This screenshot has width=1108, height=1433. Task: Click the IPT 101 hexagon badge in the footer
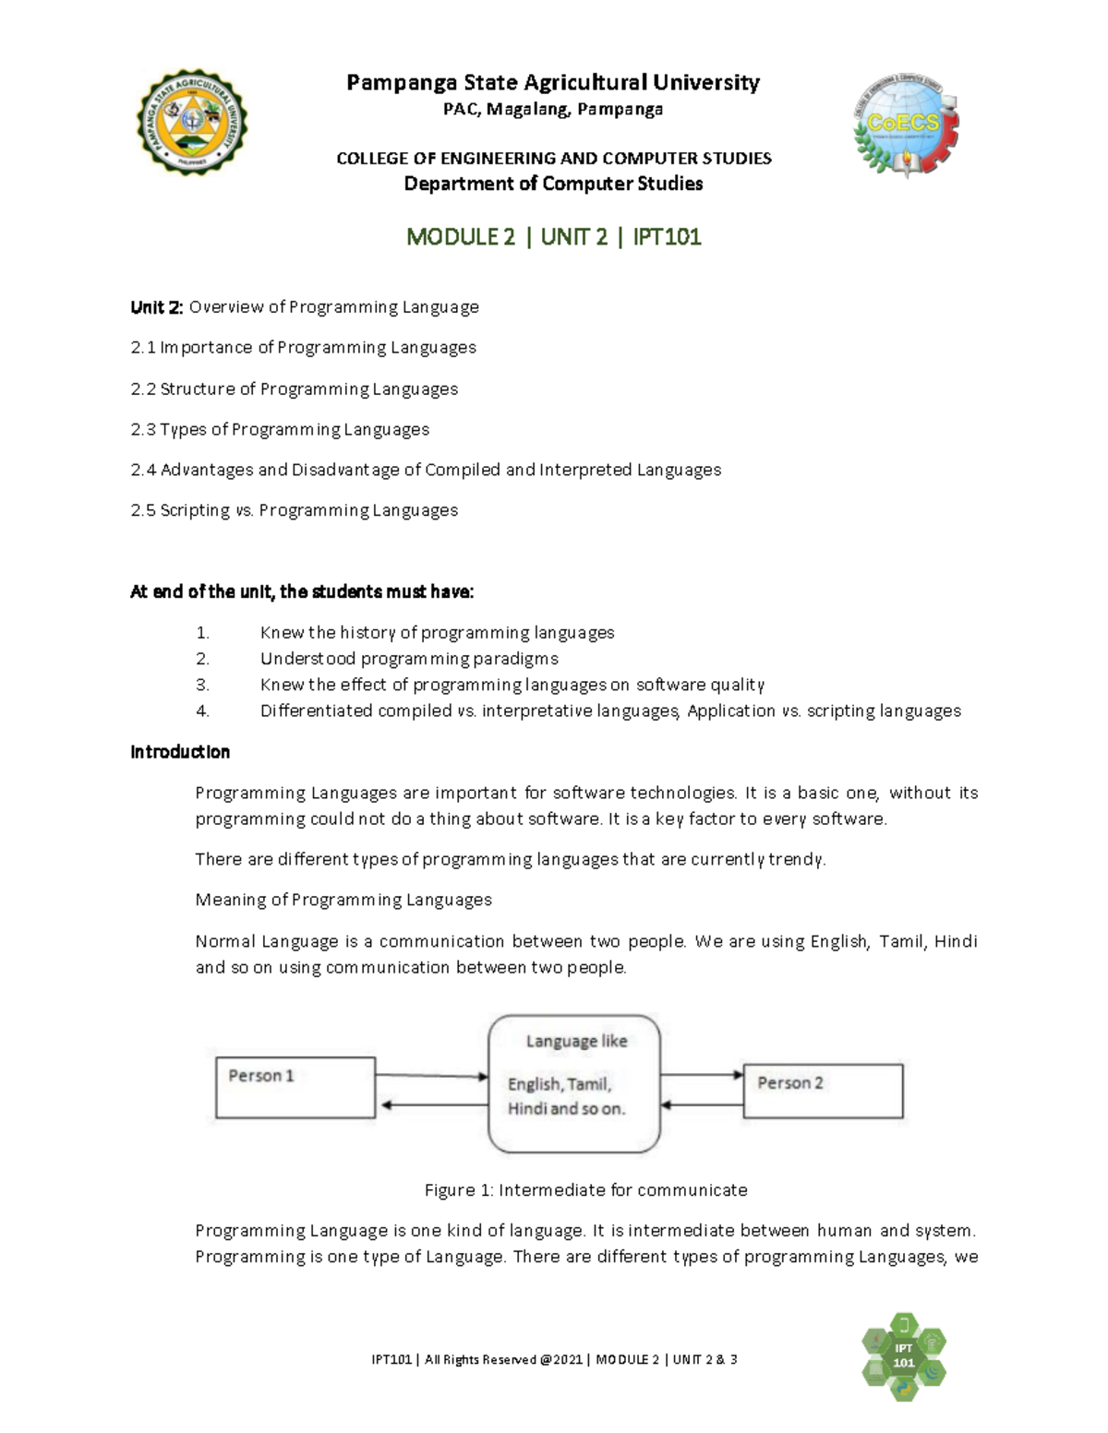pyautogui.click(x=903, y=1355)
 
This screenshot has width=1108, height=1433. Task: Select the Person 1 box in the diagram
pyautogui.click(x=295, y=1086)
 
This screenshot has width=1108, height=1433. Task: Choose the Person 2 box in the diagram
pyautogui.click(x=823, y=1091)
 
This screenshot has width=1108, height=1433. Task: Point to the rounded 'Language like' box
pyautogui.click(x=574, y=1084)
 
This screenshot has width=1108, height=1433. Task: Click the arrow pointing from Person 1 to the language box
pyautogui.click(x=431, y=1076)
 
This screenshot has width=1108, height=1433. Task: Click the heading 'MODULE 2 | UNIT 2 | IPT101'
pyautogui.click(x=554, y=237)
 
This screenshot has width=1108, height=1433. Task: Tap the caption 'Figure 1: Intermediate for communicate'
pyautogui.click(x=585, y=1190)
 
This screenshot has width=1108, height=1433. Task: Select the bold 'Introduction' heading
pyautogui.click(x=180, y=752)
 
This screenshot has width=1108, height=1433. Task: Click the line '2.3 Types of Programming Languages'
pyautogui.click(x=280, y=429)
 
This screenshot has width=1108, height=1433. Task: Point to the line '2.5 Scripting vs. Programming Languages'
pyautogui.click(x=294, y=510)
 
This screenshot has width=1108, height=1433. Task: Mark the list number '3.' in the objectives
pyautogui.click(x=203, y=685)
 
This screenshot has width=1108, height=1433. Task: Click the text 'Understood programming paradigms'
pyautogui.click(x=409, y=659)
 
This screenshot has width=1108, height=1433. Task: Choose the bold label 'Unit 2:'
pyautogui.click(x=157, y=307)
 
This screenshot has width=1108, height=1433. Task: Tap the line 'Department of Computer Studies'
pyautogui.click(x=553, y=184)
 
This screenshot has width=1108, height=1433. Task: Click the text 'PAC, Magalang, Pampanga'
pyautogui.click(x=553, y=110)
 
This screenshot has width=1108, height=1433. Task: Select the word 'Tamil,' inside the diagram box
pyautogui.click(x=589, y=1084)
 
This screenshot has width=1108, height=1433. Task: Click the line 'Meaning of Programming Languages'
pyautogui.click(x=343, y=900)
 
